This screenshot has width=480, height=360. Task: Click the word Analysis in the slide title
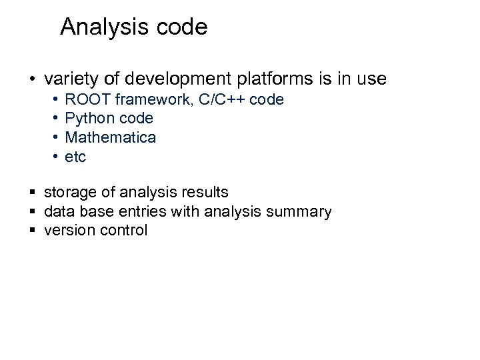point(99,27)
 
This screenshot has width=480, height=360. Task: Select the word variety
point(71,79)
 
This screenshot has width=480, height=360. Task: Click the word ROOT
point(85,100)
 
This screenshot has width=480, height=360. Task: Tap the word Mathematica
point(110,138)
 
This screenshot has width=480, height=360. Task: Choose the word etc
point(75,157)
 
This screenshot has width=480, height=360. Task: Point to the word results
point(204,193)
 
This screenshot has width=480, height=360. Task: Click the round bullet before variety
point(31,80)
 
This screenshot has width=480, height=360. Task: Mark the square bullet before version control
point(32,231)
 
